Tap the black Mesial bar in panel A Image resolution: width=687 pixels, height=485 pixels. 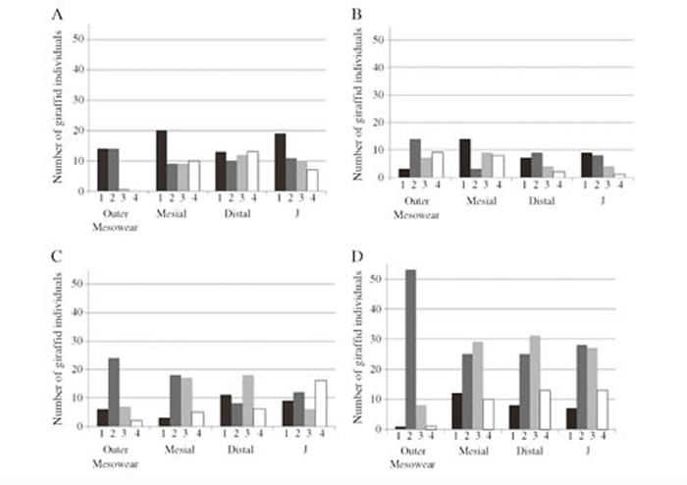(x=162, y=161)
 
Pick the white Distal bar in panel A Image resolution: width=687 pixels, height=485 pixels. (x=253, y=172)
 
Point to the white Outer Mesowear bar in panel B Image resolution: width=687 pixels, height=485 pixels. (x=438, y=164)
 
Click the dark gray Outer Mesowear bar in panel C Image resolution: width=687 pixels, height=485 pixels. (x=115, y=390)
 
